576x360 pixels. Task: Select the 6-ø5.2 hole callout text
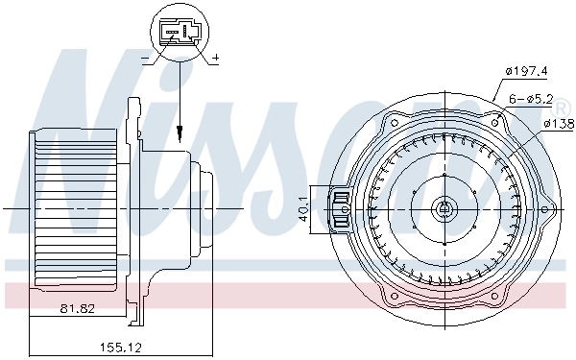coord(529,97)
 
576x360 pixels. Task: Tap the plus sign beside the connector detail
coord(214,59)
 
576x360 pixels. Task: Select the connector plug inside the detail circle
coord(180,34)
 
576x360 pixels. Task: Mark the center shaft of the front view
coord(444,208)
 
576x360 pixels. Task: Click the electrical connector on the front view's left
coord(339,208)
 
